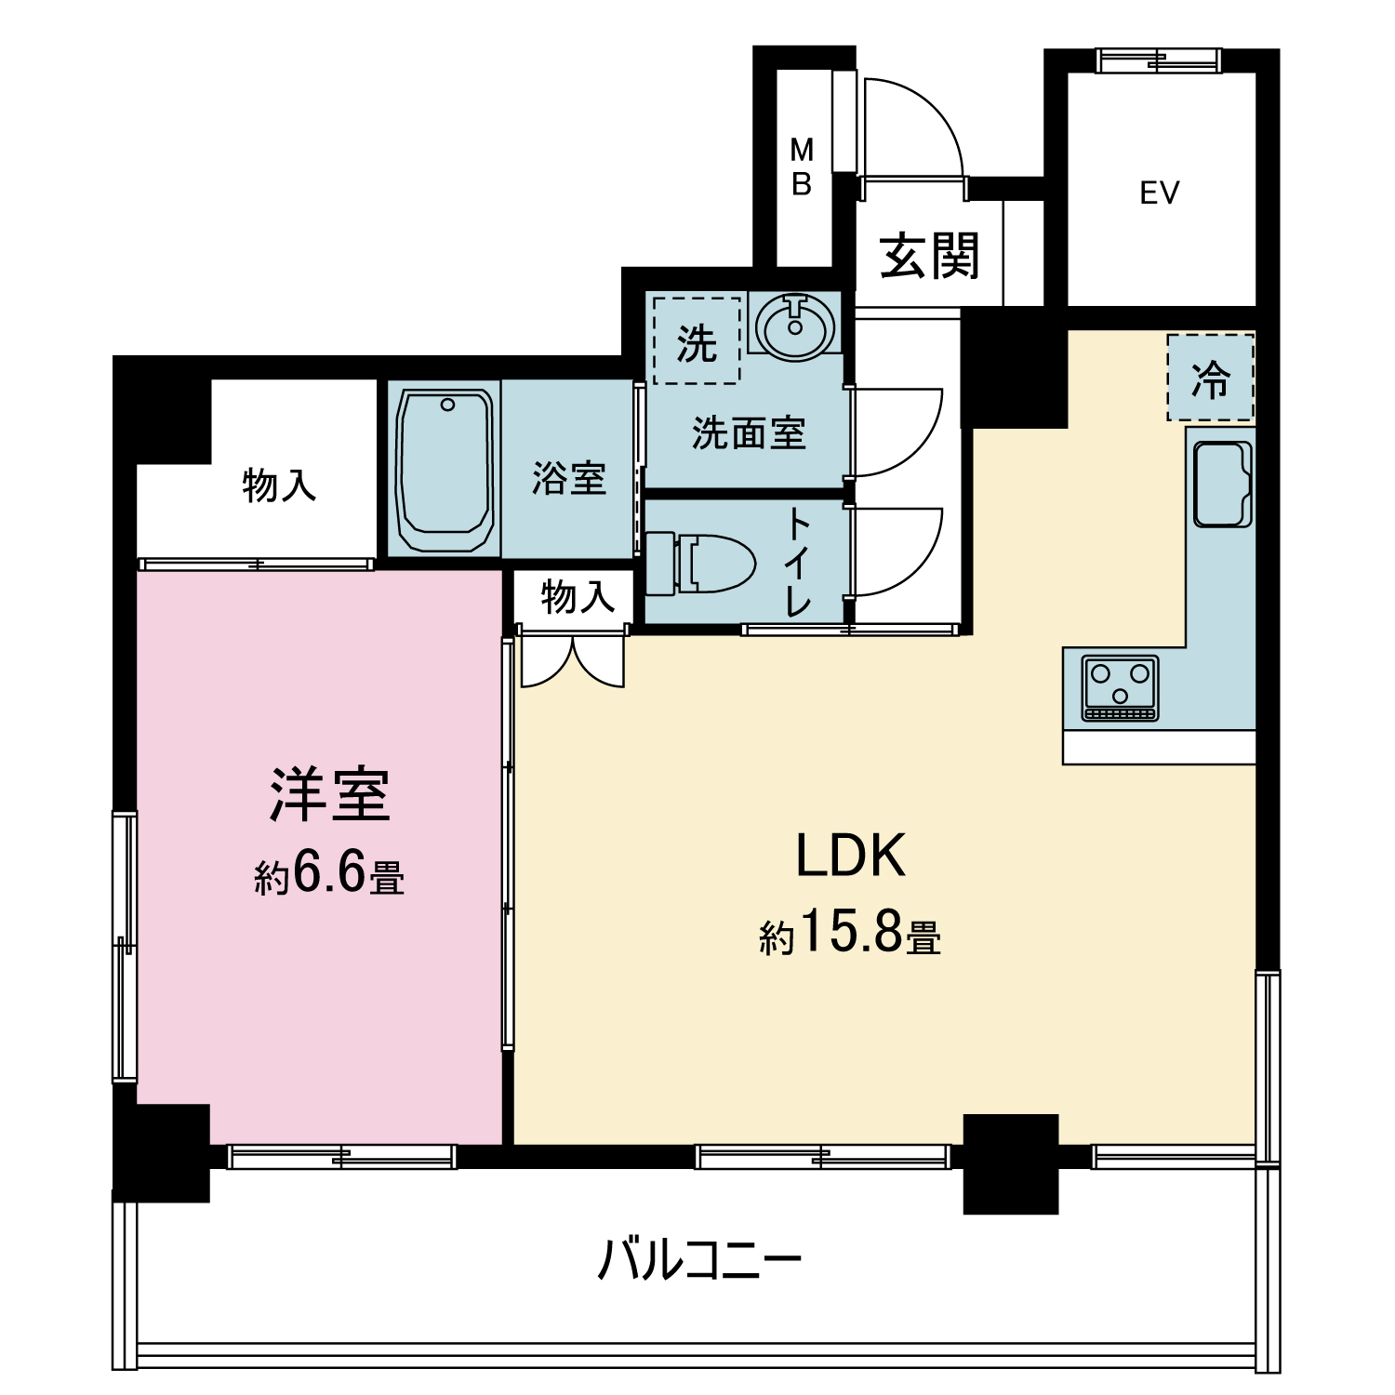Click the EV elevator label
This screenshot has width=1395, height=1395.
(1159, 193)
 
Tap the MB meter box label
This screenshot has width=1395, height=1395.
(802, 166)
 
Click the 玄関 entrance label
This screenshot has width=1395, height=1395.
(929, 256)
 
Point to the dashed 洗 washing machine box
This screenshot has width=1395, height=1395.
(697, 340)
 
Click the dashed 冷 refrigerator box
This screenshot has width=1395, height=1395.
(1211, 378)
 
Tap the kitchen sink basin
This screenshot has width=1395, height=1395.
(1222, 485)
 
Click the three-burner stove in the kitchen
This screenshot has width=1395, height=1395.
(1121, 687)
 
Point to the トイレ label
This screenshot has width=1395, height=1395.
(798, 563)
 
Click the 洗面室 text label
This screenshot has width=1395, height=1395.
(749, 433)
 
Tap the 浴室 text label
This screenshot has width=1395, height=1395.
(569, 478)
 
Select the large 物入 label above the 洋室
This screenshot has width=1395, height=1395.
(279, 485)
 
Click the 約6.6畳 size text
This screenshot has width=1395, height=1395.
(329, 874)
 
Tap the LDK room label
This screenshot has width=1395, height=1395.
(850, 856)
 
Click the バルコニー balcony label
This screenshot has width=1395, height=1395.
(699, 1260)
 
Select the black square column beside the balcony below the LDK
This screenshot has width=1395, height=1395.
(1011, 1163)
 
